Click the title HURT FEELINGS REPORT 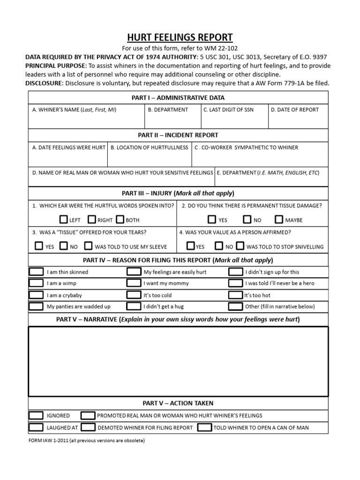click(x=180, y=37)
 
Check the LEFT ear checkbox click(x=64, y=219)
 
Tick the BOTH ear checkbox click(x=120, y=219)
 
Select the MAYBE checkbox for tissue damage click(x=279, y=219)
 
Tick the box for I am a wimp click(x=36, y=283)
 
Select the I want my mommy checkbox click(x=134, y=283)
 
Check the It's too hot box click(x=235, y=295)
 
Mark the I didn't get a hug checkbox click(x=134, y=307)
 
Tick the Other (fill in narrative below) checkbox click(x=235, y=307)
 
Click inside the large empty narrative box click(x=178, y=361)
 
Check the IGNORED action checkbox click(x=36, y=416)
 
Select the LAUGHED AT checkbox click(x=36, y=427)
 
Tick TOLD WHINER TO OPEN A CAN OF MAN click(x=204, y=427)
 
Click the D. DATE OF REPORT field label click(x=295, y=110)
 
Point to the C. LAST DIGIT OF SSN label click(x=227, y=110)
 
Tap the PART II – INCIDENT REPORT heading click(x=178, y=135)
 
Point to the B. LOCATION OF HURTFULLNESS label click(x=150, y=147)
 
